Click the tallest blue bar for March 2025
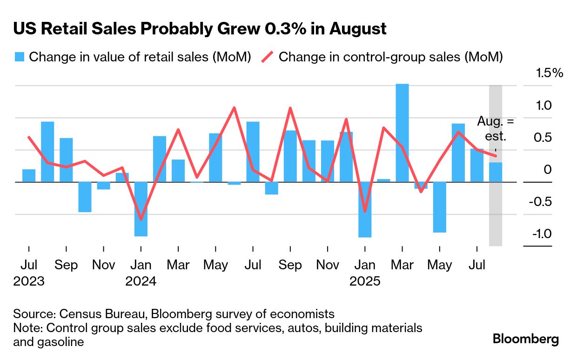point(402,133)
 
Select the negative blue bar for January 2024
point(141,209)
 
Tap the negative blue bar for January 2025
point(365,209)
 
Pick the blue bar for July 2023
point(29,176)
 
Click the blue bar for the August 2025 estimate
point(496,172)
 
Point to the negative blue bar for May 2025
point(439,207)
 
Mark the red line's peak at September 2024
point(290,108)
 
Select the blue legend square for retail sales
point(19,57)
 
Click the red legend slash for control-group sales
point(267,57)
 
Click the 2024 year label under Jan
point(141,281)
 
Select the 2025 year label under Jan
point(365,281)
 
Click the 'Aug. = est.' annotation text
point(496,129)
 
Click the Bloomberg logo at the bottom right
point(526,339)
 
